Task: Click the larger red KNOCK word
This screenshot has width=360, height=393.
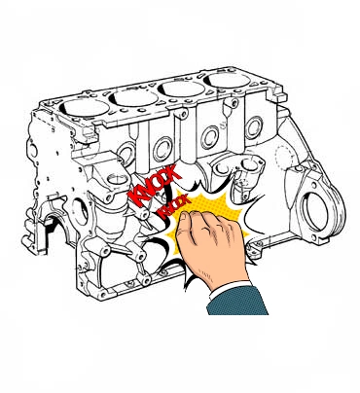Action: (x=154, y=186)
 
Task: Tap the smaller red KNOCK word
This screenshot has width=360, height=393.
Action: (x=173, y=206)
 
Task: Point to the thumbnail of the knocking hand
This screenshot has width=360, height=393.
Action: (x=184, y=216)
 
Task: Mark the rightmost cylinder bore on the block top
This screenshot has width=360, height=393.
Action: (x=229, y=80)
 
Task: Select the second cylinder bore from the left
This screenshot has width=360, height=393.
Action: (x=133, y=97)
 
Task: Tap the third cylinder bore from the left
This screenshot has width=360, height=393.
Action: (x=181, y=89)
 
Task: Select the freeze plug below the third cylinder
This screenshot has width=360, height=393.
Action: (x=210, y=137)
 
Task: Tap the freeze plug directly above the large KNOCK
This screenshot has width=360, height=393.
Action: (x=162, y=149)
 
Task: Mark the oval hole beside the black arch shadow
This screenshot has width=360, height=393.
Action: (x=80, y=211)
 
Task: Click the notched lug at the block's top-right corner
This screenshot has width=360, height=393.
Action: (x=279, y=94)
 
